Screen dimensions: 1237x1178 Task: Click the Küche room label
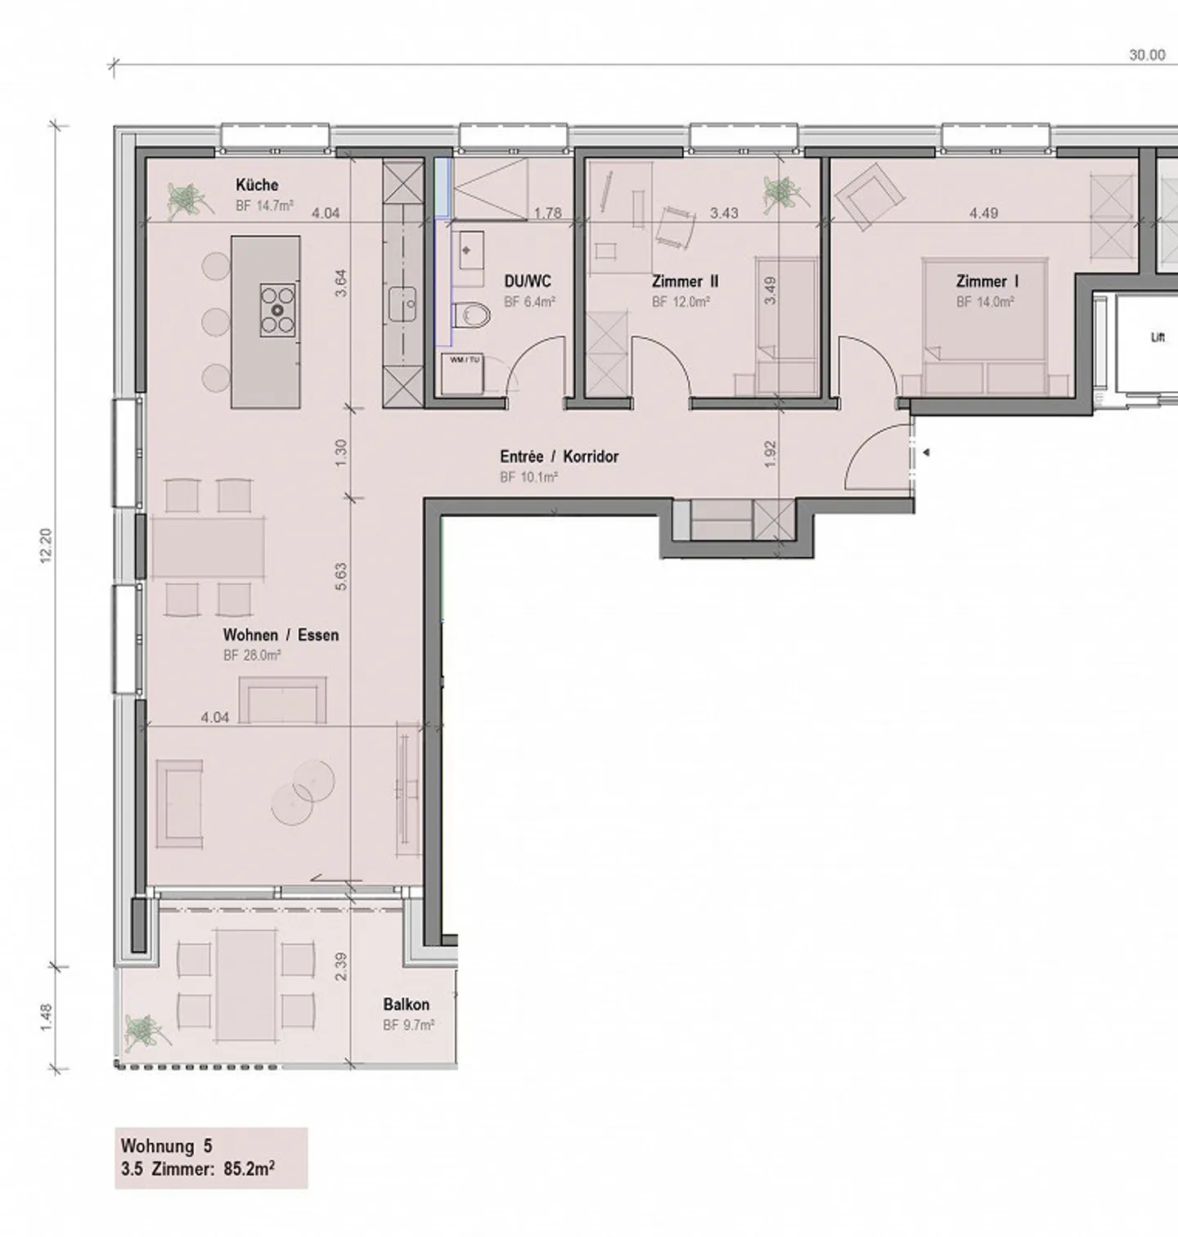257,185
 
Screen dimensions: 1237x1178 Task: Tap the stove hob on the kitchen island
277,310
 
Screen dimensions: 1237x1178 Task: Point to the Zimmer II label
686,281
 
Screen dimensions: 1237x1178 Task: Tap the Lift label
1157,337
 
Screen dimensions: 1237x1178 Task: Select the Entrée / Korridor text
559,457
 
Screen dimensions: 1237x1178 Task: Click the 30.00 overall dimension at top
1147,55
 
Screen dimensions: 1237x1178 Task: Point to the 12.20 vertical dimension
46,544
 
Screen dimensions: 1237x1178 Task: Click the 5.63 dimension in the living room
341,576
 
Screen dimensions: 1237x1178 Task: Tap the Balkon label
406,1004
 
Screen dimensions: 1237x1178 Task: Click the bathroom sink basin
468,249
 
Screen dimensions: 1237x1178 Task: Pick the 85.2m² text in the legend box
249,1169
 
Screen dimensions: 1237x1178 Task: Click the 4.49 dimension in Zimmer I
983,213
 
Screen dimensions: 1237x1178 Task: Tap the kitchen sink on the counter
402,305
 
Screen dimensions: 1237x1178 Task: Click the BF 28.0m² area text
252,655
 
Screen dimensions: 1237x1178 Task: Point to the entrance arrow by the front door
926,452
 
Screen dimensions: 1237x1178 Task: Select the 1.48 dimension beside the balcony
46,1017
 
